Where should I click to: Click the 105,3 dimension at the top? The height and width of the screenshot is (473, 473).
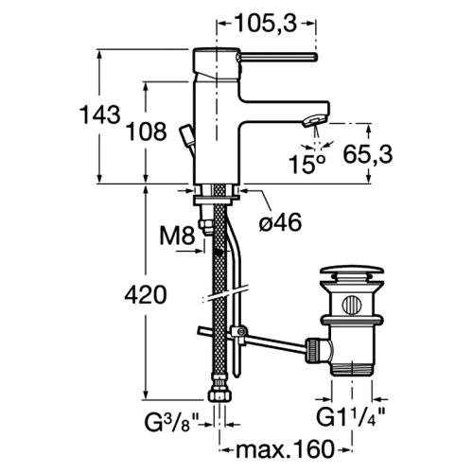pyautogui.click(x=266, y=24)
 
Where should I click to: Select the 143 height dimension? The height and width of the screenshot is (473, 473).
pyautogui.click(x=100, y=114)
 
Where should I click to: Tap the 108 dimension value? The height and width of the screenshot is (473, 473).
pyautogui.click(x=147, y=131)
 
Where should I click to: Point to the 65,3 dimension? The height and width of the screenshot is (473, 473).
pyautogui.click(x=368, y=154)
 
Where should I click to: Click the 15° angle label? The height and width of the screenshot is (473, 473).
pyautogui.click(x=307, y=164)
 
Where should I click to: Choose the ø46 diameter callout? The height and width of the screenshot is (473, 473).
pyautogui.click(x=280, y=221)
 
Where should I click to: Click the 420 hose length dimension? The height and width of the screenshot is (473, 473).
pyautogui.click(x=146, y=295)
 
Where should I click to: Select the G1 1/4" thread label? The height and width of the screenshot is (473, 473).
pyautogui.click(x=351, y=417)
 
